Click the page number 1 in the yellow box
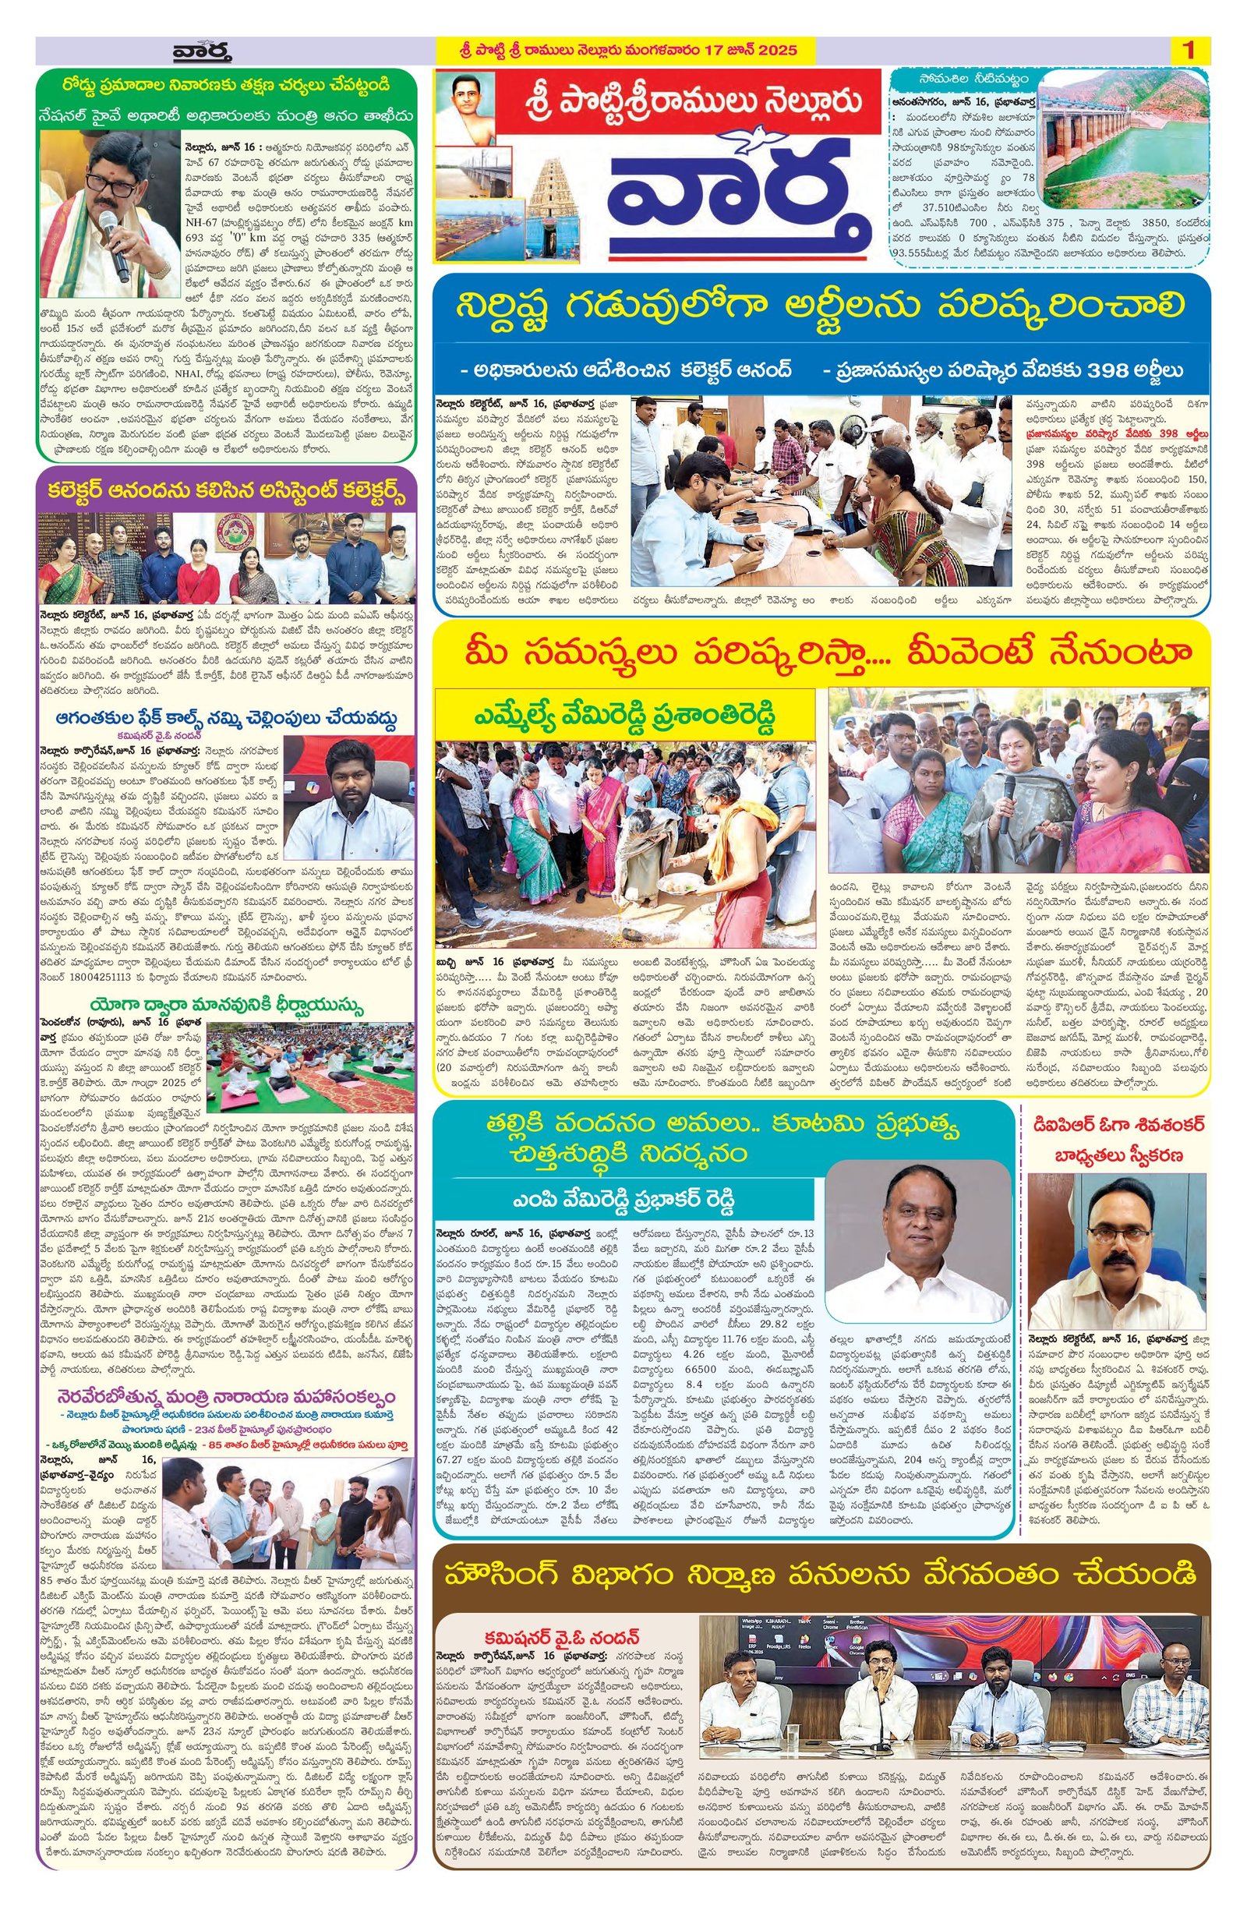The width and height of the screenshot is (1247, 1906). pyautogui.click(x=1189, y=50)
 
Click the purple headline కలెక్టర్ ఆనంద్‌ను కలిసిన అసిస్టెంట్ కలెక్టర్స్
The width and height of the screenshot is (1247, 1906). pyautogui.click(x=227, y=490)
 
